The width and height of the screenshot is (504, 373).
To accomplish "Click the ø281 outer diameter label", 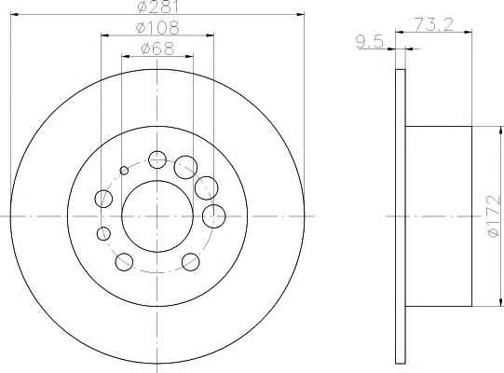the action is (157, 7).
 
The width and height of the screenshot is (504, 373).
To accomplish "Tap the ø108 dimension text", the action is (157, 28).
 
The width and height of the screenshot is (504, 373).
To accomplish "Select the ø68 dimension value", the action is (157, 48).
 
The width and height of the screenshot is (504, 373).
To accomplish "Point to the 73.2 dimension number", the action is (433, 24).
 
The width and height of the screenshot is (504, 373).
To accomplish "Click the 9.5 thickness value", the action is (370, 42).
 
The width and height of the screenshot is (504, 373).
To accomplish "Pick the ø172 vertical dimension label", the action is (494, 216).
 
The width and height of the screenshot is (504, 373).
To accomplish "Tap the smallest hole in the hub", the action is (124, 171).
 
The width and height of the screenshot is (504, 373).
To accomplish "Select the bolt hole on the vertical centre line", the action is (157, 159).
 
